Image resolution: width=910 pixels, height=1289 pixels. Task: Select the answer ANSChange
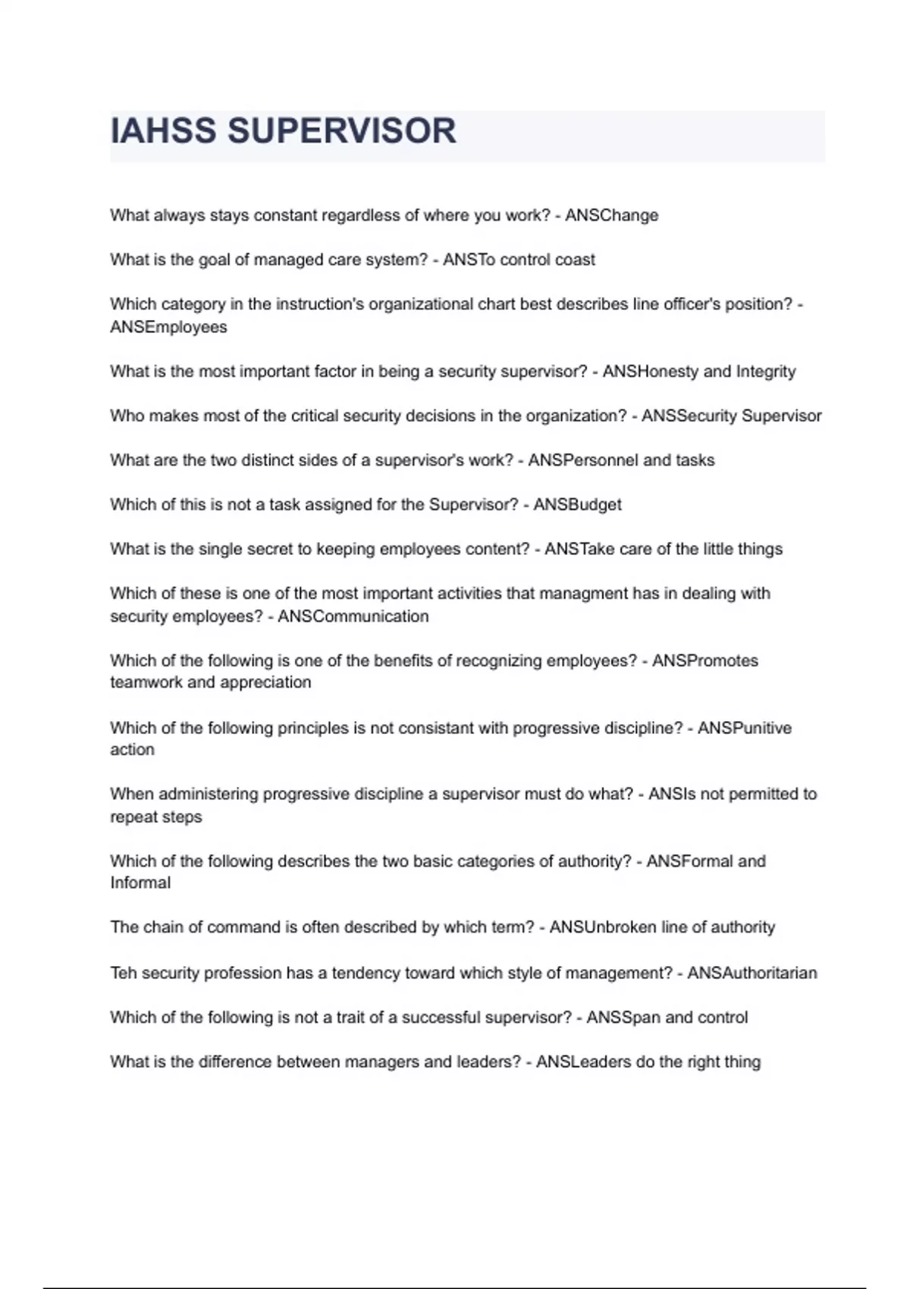click(611, 215)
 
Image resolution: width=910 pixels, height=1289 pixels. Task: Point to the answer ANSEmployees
click(168, 327)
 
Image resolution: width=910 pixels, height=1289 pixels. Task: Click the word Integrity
click(765, 372)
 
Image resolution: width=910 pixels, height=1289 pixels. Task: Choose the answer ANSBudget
click(577, 505)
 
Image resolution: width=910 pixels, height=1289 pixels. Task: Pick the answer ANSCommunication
click(353, 616)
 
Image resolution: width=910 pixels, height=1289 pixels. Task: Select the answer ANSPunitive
click(744, 728)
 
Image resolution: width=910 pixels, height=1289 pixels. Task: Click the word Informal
click(140, 883)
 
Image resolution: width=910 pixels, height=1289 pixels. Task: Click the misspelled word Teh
click(123, 973)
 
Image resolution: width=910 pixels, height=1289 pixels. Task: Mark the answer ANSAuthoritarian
click(752, 973)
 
